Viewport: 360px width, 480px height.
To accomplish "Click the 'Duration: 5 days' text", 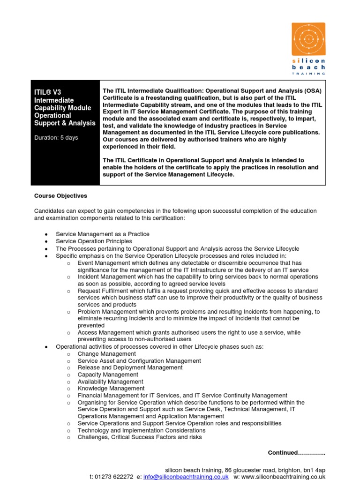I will tap(56, 138).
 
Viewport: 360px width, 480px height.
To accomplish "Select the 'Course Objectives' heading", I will tap(60, 196).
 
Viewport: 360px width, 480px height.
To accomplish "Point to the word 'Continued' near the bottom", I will tap(283, 452).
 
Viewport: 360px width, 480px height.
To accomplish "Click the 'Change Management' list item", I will tap(107, 354).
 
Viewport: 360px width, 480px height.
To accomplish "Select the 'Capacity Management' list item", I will tap(108, 375).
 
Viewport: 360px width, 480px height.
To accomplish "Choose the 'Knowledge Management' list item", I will tap(111, 388).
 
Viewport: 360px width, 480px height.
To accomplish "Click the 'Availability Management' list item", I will tap(111, 382).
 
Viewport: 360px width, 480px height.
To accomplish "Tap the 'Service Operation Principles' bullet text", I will tap(94, 241).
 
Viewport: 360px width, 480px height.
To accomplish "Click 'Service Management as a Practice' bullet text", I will tap(103, 234).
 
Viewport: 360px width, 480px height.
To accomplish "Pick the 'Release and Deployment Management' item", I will tap(130, 367).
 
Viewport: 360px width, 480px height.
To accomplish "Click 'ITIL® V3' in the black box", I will tap(48, 92).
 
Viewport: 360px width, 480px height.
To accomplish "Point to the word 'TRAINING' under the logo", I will tap(308, 74).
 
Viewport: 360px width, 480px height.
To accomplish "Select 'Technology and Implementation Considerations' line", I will tap(142, 430).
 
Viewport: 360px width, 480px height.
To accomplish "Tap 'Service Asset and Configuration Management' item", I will tap(139, 361).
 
